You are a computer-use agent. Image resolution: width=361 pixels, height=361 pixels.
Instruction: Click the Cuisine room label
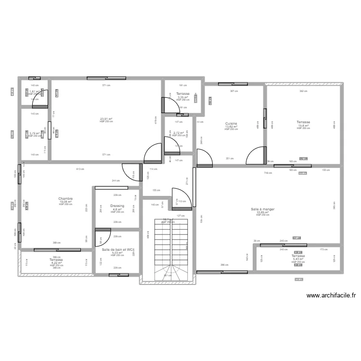[x=231, y=123]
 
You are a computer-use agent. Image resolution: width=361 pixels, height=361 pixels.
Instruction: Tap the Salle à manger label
[x=263, y=209]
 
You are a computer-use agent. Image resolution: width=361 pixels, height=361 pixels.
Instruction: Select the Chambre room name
[x=65, y=198]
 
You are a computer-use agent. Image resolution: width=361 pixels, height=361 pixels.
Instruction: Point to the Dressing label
[x=117, y=206]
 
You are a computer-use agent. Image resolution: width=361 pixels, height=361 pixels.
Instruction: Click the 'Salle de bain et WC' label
[x=117, y=250]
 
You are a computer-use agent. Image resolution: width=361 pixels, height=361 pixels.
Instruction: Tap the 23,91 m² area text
[x=106, y=119]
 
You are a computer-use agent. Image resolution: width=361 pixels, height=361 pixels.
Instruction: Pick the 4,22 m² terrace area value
[x=56, y=263]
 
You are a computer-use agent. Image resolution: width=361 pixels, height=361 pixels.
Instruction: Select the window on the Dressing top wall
[x=110, y=187]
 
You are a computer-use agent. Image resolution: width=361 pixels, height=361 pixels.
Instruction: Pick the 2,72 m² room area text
[x=179, y=132]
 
